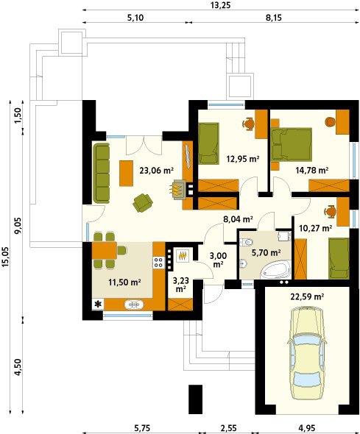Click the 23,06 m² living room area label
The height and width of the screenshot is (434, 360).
(x=157, y=170)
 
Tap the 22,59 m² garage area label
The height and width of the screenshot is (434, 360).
(x=307, y=296)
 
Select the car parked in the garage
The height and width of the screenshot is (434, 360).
(x=307, y=353)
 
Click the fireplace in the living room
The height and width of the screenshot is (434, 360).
(x=177, y=189)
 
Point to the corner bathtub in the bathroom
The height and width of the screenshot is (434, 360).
(x=276, y=269)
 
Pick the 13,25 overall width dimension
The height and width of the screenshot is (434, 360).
(x=220, y=5)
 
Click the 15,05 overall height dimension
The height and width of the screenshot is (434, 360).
(x=6, y=257)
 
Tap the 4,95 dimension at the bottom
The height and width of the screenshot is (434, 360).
(x=307, y=428)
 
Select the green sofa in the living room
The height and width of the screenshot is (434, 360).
(x=101, y=174)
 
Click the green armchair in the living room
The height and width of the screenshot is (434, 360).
(x=143, y=202)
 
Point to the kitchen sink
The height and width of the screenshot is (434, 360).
(x=134, y=305)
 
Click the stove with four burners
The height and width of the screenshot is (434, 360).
(x=159, y=262)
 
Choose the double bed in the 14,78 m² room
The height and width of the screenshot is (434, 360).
(x=292, y=144)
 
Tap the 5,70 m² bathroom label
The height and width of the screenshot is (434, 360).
(x=266, y=252)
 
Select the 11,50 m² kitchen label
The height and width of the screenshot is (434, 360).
(x=124, y=282)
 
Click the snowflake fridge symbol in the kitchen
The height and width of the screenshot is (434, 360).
(x=98, y=305)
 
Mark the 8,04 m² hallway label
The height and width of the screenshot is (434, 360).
(x=238, y=219)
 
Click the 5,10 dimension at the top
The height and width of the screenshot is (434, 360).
(x=135, y=18)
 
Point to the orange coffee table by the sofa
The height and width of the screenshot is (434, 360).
(x=127, y=174)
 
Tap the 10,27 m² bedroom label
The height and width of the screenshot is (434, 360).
(x=316, y=228)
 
